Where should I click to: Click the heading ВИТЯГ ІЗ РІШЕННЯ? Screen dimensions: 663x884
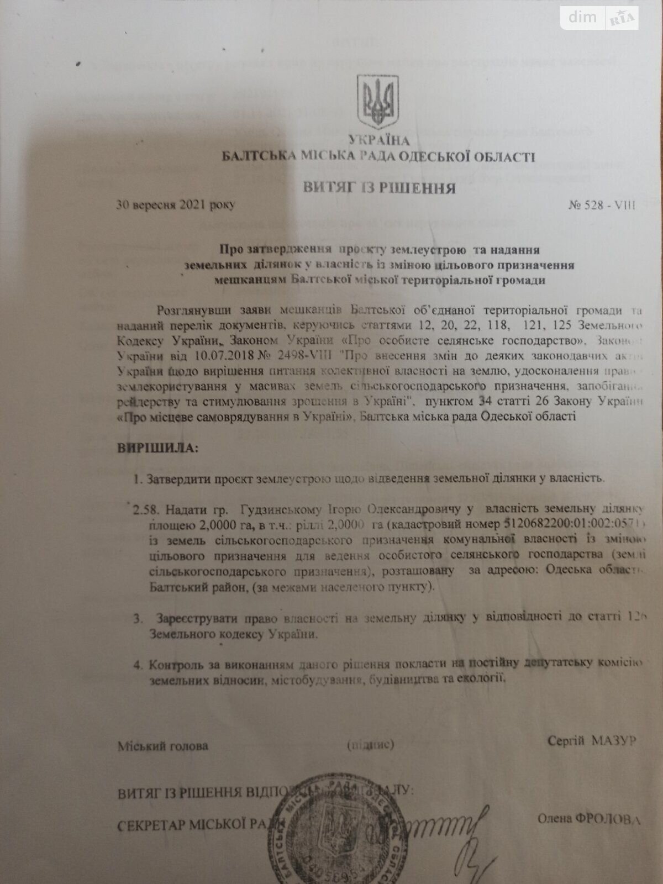pyautogui.click(x=379, y=188)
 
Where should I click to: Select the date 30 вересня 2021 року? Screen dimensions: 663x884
pyautogui.click(x=176, y=205)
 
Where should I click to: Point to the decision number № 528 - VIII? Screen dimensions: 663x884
pyautogui.click(x=602, y=206)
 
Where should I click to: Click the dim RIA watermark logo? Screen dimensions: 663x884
pyautogui.click(x=601, y=18)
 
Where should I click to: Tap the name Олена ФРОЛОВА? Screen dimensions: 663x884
pyautogui.click(x=589, y=819)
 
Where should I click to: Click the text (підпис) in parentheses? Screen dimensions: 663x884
pyautogui.click(x=370, y=745)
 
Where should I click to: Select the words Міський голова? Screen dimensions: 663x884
pyautogui.click(x=163, y=746)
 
